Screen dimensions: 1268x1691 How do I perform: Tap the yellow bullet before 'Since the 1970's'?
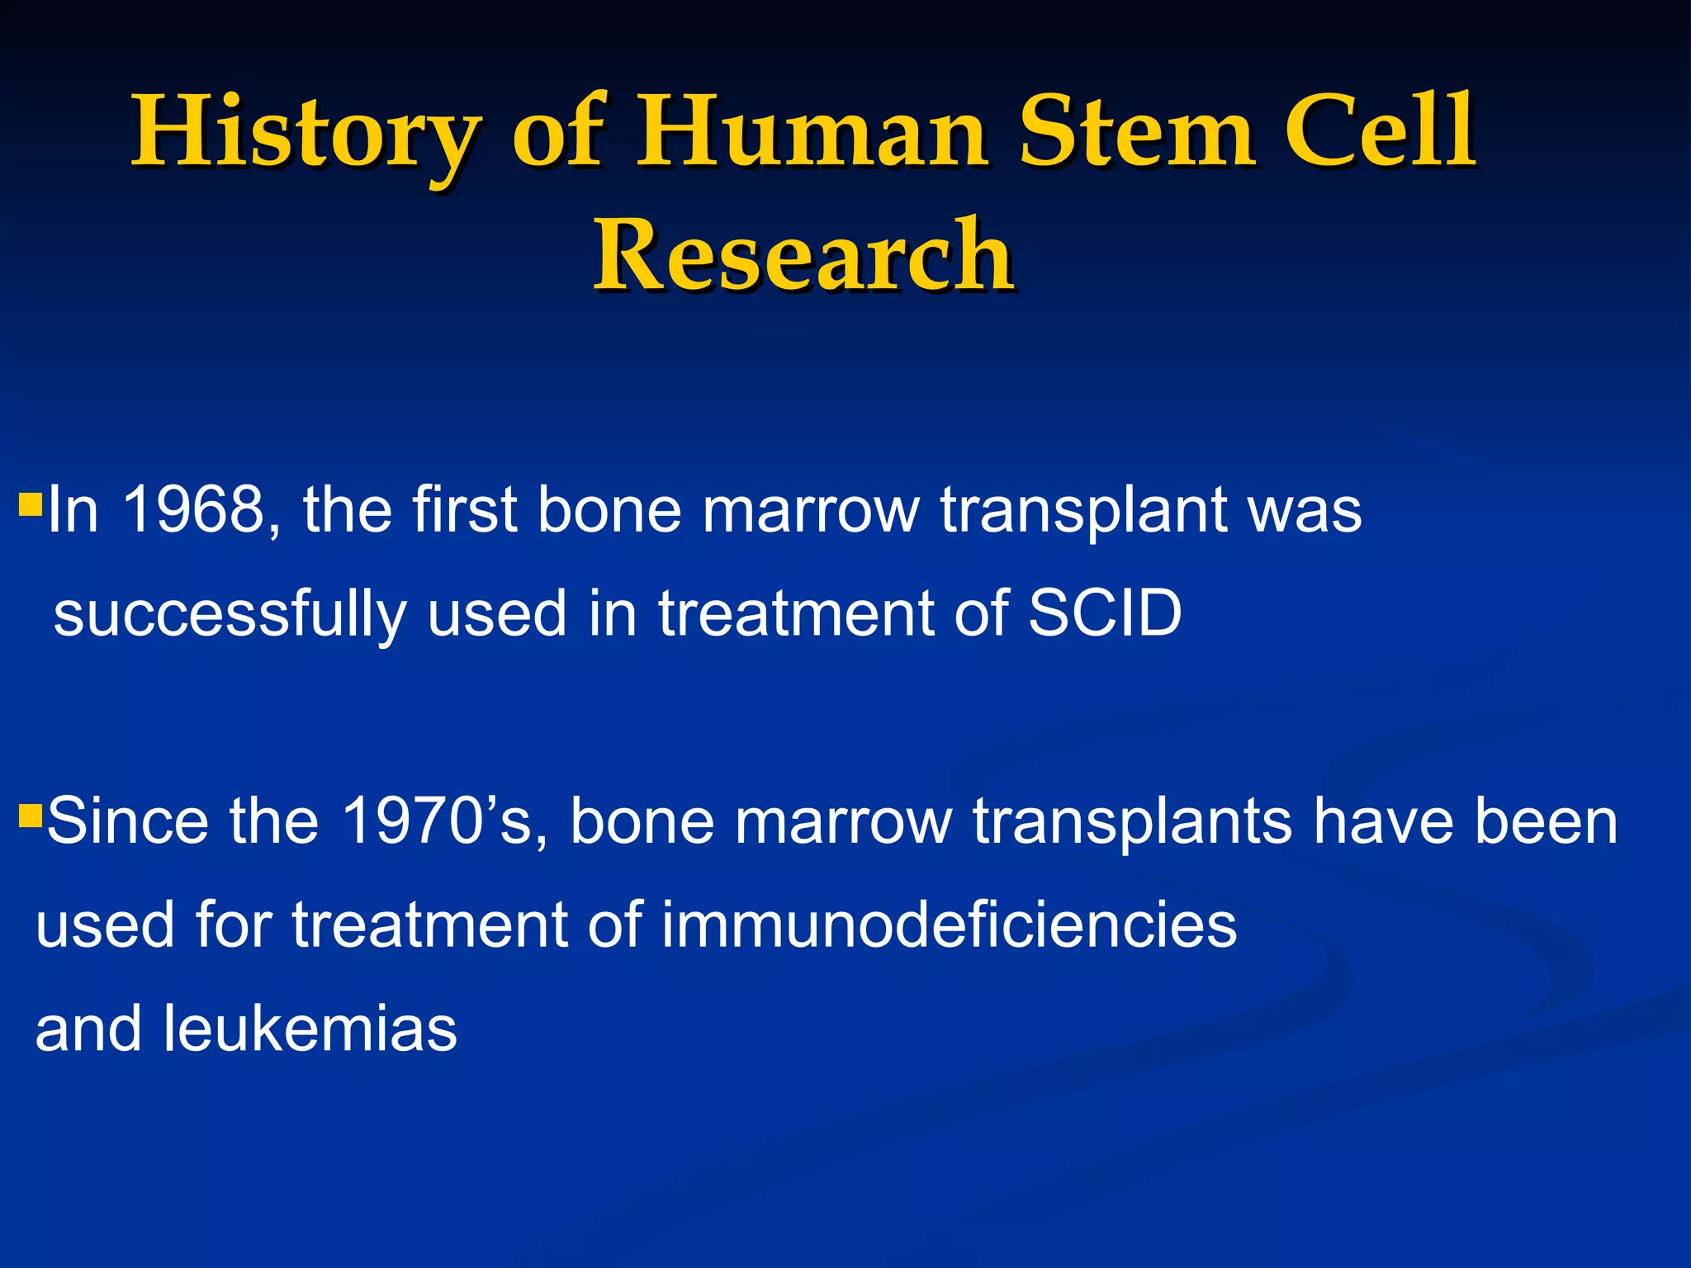(31, 816)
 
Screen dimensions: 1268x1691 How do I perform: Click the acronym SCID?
(1105, 614)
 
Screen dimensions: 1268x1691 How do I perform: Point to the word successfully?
(230, 616)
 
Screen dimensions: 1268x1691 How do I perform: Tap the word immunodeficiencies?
(949, 925)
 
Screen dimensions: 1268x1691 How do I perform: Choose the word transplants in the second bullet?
(1132, 823)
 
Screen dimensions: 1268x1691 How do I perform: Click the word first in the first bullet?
(465, 510)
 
